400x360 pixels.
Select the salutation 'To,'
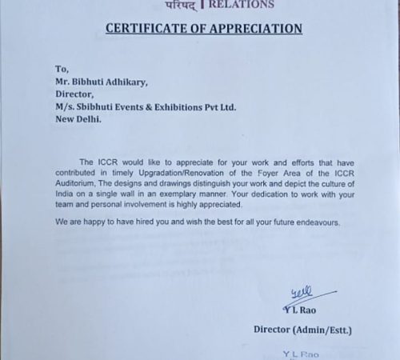60,70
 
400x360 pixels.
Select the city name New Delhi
79,121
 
